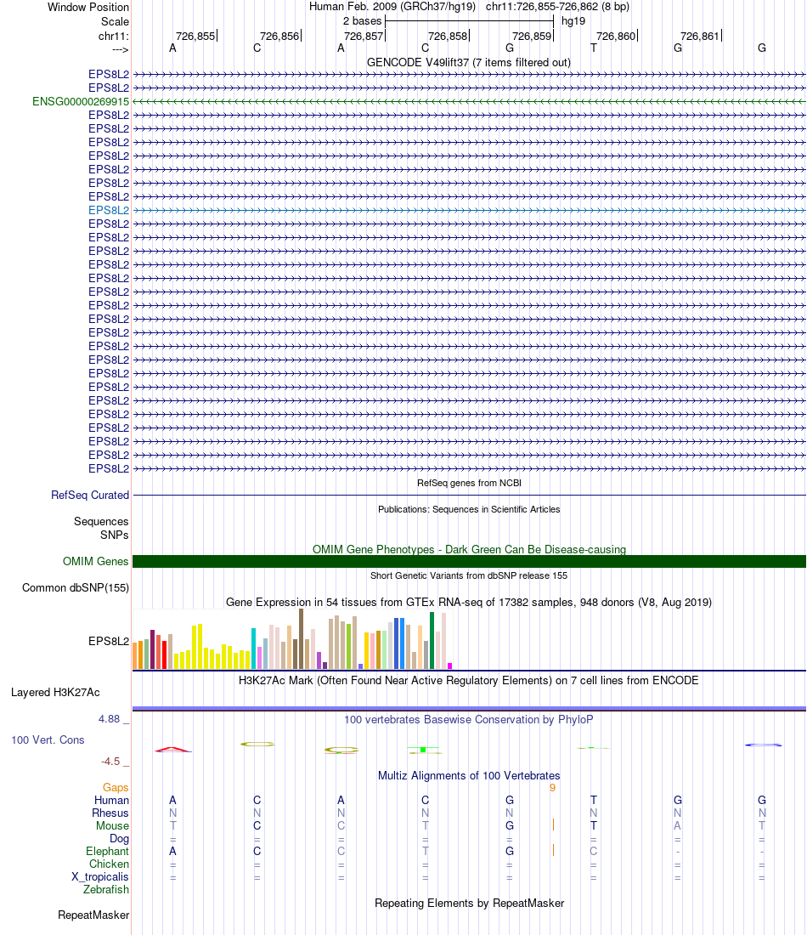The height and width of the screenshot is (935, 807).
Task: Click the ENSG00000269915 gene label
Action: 81,101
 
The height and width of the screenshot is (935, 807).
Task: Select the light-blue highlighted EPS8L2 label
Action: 109,210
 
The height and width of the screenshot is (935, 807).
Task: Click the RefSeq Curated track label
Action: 90,495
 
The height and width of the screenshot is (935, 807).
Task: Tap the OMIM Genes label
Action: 96,561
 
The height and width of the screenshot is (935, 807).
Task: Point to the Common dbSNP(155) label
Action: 76,587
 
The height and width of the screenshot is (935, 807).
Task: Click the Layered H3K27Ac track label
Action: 55,692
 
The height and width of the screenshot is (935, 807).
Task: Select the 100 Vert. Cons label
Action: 48,739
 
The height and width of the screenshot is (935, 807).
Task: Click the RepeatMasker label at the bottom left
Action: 93,915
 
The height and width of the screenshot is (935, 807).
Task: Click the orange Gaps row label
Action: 116,787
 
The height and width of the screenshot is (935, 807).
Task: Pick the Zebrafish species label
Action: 106,889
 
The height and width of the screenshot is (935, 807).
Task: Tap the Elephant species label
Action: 107,851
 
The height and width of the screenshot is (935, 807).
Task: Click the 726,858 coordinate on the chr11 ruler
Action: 448,36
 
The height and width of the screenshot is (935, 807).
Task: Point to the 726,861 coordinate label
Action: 700,36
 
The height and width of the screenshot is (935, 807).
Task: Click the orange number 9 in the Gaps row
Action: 552,787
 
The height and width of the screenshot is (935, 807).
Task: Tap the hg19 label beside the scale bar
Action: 573,20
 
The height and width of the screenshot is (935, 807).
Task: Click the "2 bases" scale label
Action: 362,20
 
